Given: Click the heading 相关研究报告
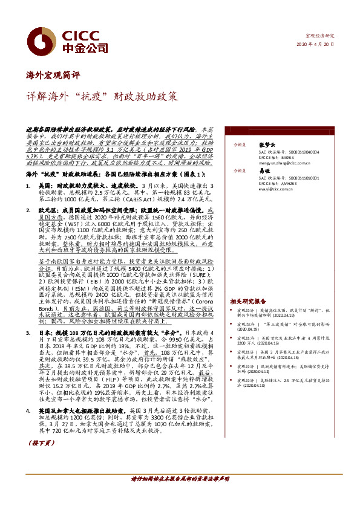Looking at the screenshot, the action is pyautogui.click(x=247, y=300).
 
